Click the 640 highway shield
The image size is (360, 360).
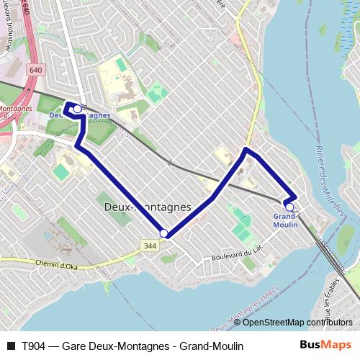(36, 70)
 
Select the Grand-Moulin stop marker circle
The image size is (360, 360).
(289, 207)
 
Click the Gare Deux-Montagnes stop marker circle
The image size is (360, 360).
(77, 109)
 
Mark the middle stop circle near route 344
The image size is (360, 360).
(164, 233)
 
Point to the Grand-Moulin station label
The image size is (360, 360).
(286, 220)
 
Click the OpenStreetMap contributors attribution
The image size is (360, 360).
(293, 323)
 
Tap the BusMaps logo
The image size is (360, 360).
(325, 346)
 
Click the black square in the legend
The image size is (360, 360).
(10, 346)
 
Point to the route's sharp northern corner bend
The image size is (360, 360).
(246, 150)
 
